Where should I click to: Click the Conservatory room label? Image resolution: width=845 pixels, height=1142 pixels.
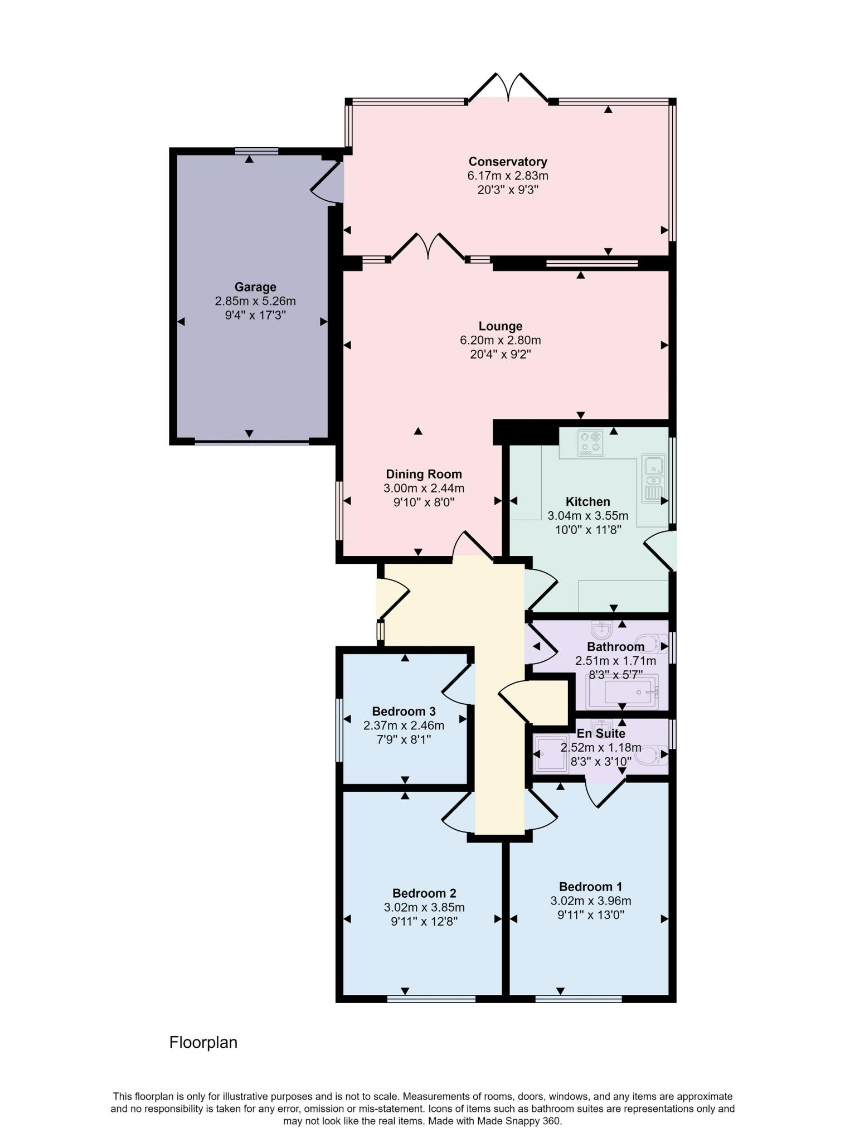507,162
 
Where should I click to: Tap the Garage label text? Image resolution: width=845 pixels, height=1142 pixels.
255,287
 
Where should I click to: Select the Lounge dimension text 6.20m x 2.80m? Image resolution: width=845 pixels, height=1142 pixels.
500,340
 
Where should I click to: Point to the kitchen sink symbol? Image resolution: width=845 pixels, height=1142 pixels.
652,477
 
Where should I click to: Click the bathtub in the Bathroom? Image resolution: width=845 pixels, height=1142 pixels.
621,691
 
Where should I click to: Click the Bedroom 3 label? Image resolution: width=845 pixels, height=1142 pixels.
404,712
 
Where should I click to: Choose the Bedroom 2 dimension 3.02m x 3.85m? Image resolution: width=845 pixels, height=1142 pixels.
424,907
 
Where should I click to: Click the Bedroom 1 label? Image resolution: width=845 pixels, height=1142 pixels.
590,887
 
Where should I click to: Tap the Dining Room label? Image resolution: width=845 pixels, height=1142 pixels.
424,475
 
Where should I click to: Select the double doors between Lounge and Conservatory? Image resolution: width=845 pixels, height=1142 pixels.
428,248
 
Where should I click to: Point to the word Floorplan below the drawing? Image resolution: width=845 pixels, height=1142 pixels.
203,1042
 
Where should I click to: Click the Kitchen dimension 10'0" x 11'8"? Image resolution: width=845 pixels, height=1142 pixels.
587,530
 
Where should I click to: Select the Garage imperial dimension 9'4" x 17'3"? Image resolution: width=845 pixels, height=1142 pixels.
255,316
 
